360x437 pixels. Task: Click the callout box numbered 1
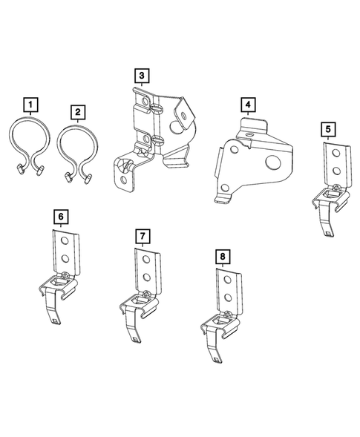pos(30,103)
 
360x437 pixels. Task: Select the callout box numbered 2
pos(77,111)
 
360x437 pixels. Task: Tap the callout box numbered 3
pos(141,75)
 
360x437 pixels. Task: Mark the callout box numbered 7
pos(142,235)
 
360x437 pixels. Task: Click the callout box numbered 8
pos(222,257)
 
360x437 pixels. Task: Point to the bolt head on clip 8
pos(226,316)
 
